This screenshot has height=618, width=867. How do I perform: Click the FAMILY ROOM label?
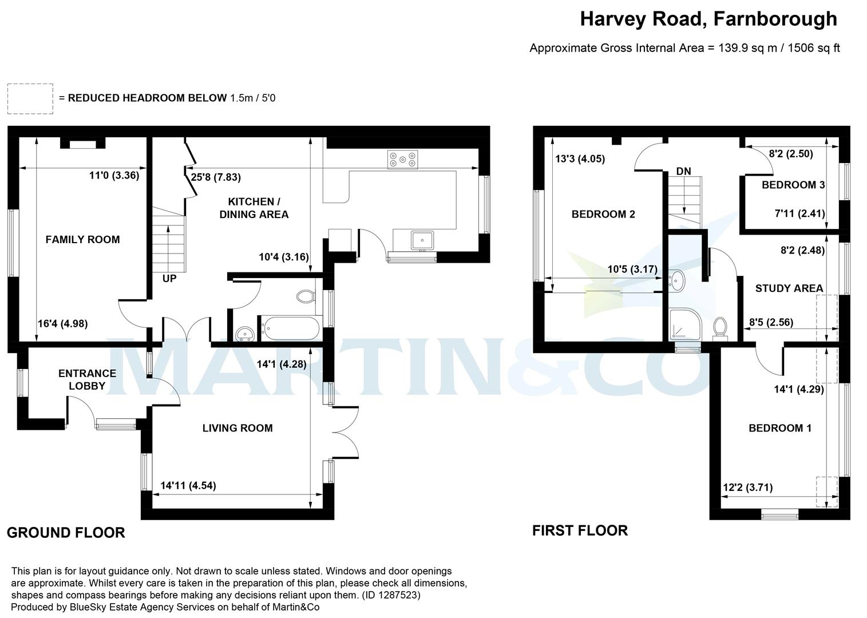[x=82, y=240]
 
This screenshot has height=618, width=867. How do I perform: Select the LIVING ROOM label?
[x=237, y=428]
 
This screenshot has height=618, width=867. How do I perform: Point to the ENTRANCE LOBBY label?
[x=87, y=379]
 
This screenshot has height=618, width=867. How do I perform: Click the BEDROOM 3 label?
[x=793, y=185]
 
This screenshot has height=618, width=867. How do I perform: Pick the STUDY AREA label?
[x=789, y=288]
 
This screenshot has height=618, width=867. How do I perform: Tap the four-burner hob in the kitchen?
[x=402, y=159]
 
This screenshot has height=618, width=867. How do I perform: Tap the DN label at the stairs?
[x=683, y=171]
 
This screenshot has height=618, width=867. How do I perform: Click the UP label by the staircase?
[x=169, y=279]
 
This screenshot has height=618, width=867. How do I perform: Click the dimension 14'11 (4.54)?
[x=188, y=486]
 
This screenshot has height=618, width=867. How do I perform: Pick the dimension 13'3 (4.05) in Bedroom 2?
[x=580, y=159]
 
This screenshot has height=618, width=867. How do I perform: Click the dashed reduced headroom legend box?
[x=30, y=98]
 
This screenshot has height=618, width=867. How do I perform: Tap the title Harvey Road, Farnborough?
[x=708, y=19]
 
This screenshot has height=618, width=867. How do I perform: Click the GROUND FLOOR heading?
[x=66, y=533]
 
